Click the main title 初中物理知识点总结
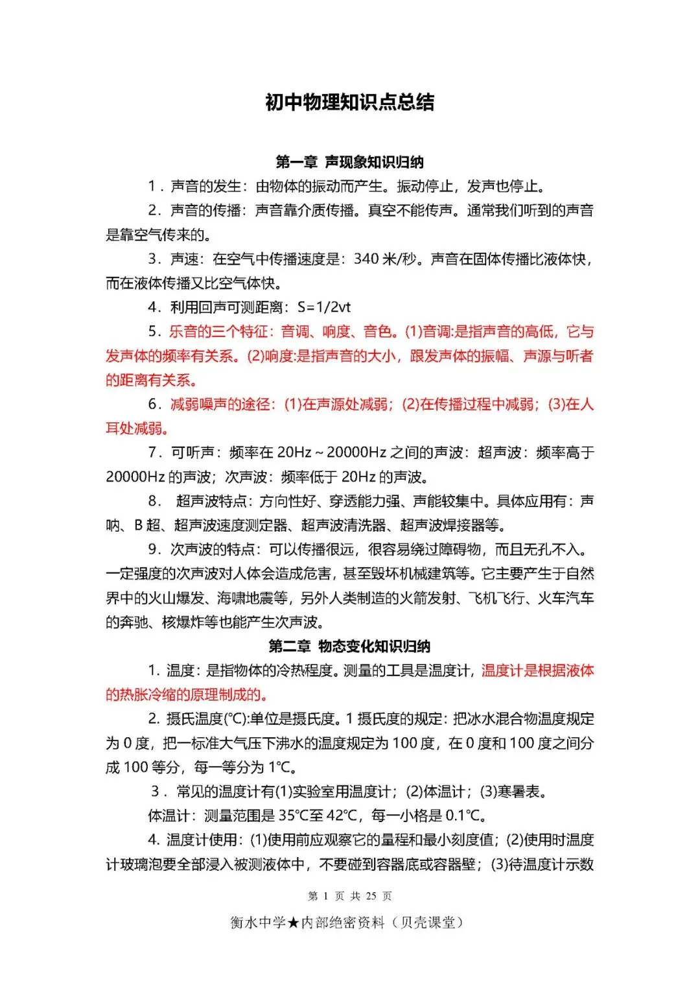click(x=349, y=102)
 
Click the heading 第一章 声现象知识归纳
click(x=349, y=162)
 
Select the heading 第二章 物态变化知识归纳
click(x=349, y=646)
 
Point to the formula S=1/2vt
click(x=323, y=307)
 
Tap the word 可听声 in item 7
click(x=192, y=453)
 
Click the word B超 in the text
click(x=147, y=525)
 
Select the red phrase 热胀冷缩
click(x=147, y=695)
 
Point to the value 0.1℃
click(x=463, y=816)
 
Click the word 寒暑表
click(x=519, y=792)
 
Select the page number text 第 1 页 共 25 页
click(x=349, y=896)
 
